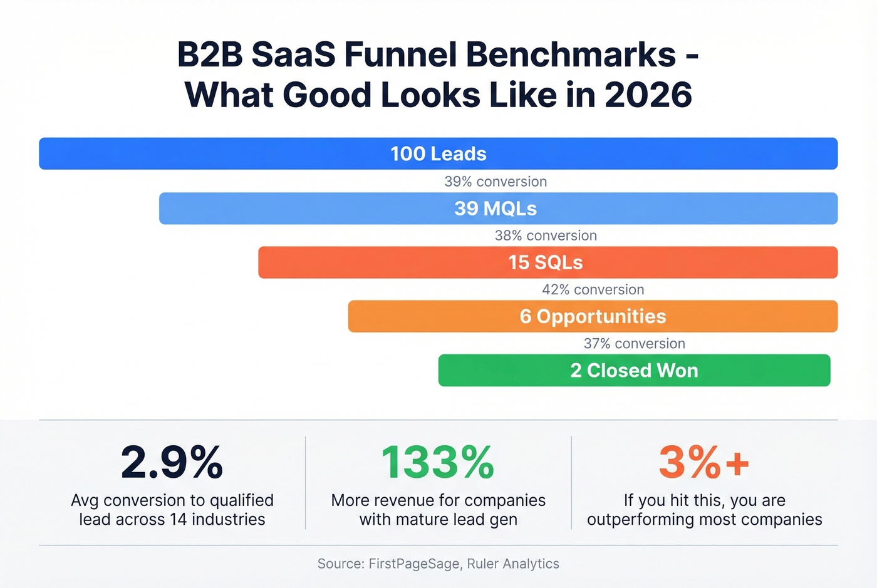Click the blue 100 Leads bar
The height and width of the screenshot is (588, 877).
pos(438,153)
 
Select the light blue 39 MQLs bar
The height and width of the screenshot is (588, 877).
pos(498,209)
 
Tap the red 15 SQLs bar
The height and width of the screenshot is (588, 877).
pos(547,262)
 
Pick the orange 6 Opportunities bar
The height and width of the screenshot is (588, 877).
pos(593,316)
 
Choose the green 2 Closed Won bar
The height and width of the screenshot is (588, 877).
pos(634,370)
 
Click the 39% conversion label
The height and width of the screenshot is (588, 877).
pos(496,182)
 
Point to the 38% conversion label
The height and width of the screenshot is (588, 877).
pos(546,235)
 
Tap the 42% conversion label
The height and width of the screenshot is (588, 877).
pos(593,289)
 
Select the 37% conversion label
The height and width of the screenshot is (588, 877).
pos(634,343)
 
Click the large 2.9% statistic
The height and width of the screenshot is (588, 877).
pos(172,463)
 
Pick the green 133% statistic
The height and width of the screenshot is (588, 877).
pos(438,463)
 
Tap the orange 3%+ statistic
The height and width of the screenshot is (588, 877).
pos(704,463)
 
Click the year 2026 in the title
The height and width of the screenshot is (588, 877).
pos(648,95)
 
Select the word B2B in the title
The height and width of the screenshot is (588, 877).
pos(210,54)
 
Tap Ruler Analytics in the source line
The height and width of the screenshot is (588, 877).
pos(513,564)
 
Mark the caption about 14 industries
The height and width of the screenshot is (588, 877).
pos(172,510)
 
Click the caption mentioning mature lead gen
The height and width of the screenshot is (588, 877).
pos(438,510)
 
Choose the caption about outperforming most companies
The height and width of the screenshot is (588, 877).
pos(704,510)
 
